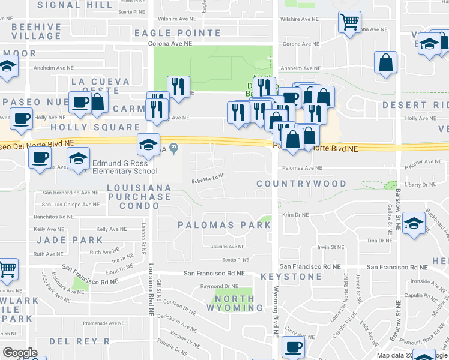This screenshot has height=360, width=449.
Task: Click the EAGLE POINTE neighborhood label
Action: pyautogui.click(x=186, y=33)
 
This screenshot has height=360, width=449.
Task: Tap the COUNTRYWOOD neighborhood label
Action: pyautogui.click(x=301, y=184)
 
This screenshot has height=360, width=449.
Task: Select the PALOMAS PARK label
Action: pyautogui.click(x=224, y=225)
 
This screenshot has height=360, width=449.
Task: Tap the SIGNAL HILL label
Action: pyautogui.click(x=75, y=5)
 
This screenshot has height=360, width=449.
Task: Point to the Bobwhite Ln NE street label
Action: pyautogui.click(x=208, y=176)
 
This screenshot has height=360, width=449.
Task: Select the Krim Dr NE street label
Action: pyautogui.click(x=296, y=214)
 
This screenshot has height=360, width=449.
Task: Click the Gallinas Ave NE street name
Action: pyautogui.click(x=228, y=247)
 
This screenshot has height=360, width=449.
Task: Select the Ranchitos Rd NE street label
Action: pyautogui.click(x=58, y=217)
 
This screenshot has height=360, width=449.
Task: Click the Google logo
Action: pyautogui.click(x=20, y=353)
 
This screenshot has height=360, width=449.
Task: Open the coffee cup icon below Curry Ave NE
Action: pyautogui.click(x=294, y=347)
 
